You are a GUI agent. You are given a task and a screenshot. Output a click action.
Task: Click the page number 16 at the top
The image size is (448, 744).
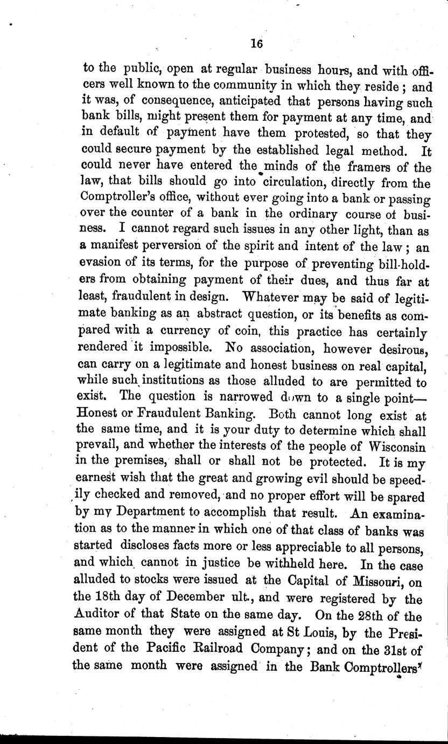[256, 45]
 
